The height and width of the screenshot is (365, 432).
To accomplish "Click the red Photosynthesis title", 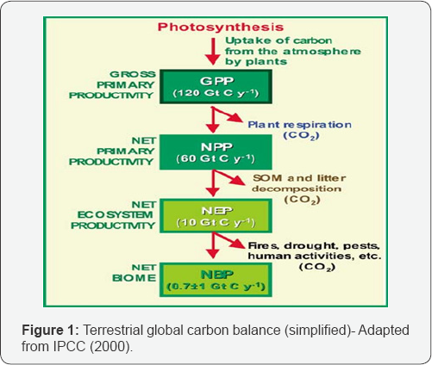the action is click(221, 27).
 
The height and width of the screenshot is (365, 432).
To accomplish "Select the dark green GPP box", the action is click(216, 87).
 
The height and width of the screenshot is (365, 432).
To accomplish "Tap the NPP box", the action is click(216, 152).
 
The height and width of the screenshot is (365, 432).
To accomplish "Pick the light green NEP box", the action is click(216, 216).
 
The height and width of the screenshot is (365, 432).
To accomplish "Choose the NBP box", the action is click(216, 280).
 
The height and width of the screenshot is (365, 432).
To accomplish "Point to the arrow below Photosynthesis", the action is click(213, 52).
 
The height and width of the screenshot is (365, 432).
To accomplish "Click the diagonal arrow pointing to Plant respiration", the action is click(228, 114).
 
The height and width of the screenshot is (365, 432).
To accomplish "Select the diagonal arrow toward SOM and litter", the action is click(229, 178).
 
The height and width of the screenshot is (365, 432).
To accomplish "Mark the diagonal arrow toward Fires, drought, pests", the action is click(229, 240).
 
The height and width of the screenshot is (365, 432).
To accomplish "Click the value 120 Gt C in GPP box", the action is click(216, 93).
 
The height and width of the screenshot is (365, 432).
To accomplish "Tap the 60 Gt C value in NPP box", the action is click(216, 158).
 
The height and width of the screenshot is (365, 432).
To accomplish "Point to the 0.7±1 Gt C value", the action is click(216, 287).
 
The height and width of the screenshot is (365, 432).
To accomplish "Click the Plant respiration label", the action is click(300, 125).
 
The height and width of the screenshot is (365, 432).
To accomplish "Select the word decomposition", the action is click(297, 189).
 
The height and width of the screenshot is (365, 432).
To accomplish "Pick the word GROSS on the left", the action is click(133, 74).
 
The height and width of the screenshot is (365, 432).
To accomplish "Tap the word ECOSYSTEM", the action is click(115, 215).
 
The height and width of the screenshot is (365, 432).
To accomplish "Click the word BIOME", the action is click(135, 278).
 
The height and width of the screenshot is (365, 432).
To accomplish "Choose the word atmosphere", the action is click(322, 52).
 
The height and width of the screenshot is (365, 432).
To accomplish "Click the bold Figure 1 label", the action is click(50, 331).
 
